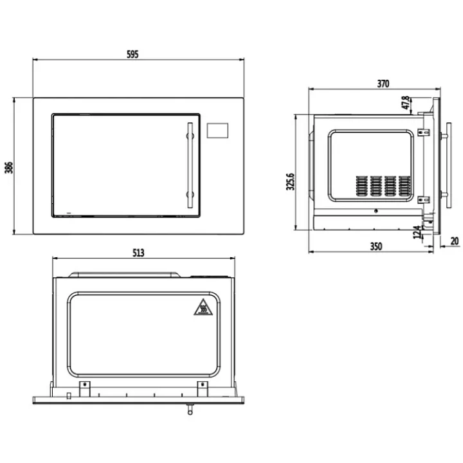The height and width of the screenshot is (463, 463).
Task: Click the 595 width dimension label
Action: (x=132, y=54)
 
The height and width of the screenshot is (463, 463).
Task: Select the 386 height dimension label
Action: (x=9, y=167)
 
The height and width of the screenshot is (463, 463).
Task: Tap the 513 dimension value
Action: (x=138, y=253)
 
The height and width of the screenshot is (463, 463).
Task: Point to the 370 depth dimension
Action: (x=383, y=84)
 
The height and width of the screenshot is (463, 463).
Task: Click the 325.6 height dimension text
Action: (x=291, y=181)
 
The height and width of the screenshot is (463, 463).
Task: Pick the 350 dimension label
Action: (x=376, y=246)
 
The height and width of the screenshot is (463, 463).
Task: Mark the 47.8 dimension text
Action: (x=406, y=102)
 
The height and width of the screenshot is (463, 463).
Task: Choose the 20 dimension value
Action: (x=455, y=241)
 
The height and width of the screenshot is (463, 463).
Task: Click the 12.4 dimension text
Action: (x=417, y=232)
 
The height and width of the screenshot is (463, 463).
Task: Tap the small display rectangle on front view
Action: (x=217, y=130)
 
